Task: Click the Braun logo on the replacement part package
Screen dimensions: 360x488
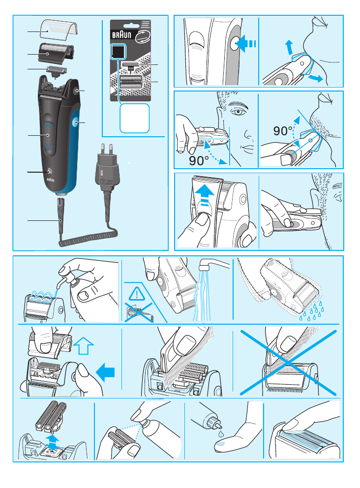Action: point(121,34)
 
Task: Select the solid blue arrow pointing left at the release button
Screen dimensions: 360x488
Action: point(105,372)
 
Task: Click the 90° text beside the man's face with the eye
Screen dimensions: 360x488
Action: point(199,161)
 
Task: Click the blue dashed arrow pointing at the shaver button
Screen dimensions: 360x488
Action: point(246,43)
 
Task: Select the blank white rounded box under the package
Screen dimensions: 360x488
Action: point(134,118)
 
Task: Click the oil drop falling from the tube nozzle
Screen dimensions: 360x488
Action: point(220,433)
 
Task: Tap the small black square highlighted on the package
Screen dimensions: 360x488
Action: point(118,51)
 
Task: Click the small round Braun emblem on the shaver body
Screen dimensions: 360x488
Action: point(49,172)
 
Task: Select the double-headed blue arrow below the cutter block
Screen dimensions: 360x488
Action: point(53,442)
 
